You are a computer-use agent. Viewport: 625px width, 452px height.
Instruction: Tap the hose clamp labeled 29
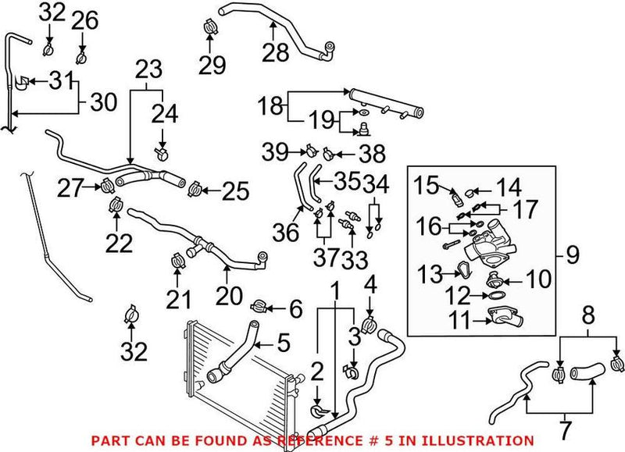pos(210,26)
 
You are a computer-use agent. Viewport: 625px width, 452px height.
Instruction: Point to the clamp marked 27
pos(106,186)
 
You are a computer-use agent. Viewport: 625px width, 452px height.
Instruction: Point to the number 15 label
pos(426,185)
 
